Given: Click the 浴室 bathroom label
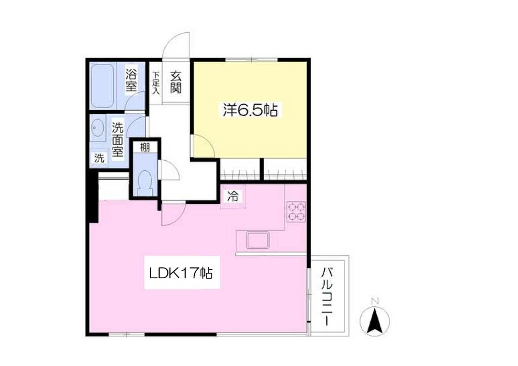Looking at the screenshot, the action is (131, 80).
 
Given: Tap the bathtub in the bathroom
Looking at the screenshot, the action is (102, 86).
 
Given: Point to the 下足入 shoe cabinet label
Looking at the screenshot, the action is (156, 83).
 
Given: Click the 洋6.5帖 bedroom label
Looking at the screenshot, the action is (250, 110).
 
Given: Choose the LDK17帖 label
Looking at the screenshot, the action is (181, 273).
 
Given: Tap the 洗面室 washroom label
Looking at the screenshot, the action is (117, 139).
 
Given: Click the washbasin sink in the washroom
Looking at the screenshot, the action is (97, 127).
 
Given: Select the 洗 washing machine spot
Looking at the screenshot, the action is (99, 158).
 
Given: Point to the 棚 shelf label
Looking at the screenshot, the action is (145, 147).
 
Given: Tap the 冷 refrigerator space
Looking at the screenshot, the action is (233, 197).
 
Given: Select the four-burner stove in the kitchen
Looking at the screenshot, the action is (296, 211).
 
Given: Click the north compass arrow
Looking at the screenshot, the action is (375, 320).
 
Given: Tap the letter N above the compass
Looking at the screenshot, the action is (375, 301).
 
